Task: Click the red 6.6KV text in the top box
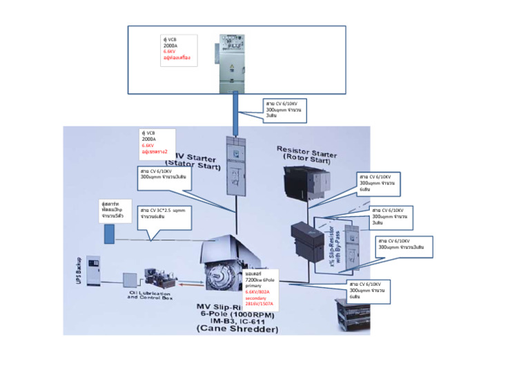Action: click(169, 52)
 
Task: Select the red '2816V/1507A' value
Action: click(259, 304)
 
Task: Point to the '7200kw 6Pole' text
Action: click(259, 280)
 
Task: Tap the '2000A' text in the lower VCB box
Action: click(150, 139)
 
